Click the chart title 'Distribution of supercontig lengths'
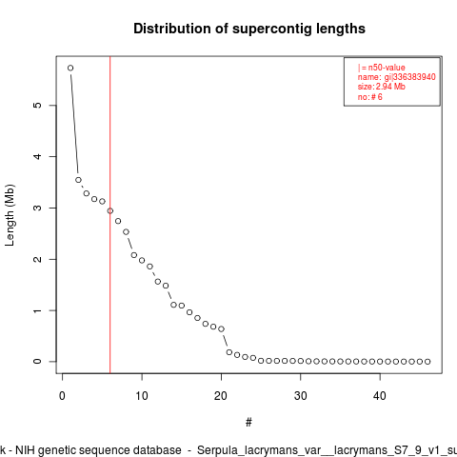[249, 29]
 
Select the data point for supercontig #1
[70, 68]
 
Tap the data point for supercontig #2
[78, 180]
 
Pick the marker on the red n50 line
[110, 211]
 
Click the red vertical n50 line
[110, 215]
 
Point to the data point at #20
[221, 329]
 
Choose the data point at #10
[142, 260]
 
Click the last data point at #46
[427, 362]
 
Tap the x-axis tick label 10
[142, 396]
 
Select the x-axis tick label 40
[380, 396]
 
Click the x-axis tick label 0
[62, 396]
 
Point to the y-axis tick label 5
[37, 105]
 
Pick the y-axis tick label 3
[37, 208]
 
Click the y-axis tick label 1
[37, 310]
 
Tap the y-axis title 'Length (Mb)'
[10, 215]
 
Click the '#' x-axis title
[248, 422]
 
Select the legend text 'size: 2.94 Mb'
[382, 87]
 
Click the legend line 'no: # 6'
[370, 97]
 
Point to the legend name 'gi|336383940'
[410, 77]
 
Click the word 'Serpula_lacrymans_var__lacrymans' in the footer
[292, 450]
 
